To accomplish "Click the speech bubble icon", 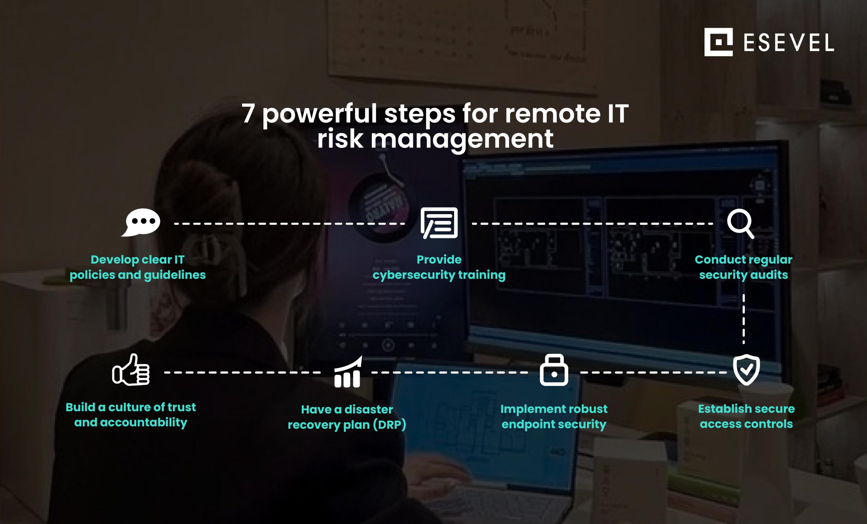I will [x=141, y=222].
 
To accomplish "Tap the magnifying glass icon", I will [x=740, y=224].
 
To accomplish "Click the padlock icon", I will [x=554, y=370].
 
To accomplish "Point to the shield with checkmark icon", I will [x=746, y=370].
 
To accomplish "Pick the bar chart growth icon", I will [x=347, y=372].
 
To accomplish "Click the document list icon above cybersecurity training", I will [x=439, y=223].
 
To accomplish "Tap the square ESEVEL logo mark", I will [x=718, y=42].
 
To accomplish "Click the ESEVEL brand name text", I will [x=788, y=43].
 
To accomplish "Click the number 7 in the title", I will [x=248, y=114].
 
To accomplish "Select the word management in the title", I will [x=462, y=139].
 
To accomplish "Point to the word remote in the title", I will [x=552, y=114].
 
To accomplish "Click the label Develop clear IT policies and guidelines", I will [x=138, y=267].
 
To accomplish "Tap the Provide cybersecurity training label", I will [x=439, y=267].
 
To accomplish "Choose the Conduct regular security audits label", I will [x=743, y=267].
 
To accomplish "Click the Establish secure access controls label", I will [x=746, y=416].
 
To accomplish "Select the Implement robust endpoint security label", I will [x=554, y=417].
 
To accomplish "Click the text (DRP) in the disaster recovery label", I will [x=389, y=425].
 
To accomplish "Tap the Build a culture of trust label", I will [x=130, y=415].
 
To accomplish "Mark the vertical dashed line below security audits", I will [x=743, y=319].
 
